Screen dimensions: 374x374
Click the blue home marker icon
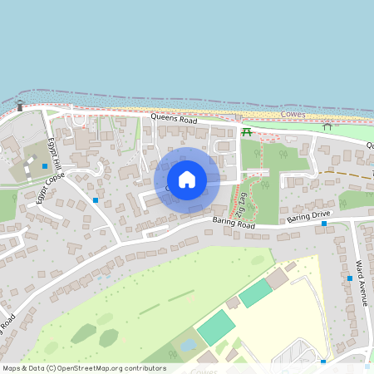(187, 179)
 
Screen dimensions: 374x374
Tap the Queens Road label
(174, 121)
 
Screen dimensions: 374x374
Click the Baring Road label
(233, 222)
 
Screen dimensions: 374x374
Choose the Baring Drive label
(308, 215)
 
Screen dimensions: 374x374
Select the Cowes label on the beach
(293, 114)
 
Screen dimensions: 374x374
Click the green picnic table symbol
(246, 131)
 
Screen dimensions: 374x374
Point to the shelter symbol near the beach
(327, 126)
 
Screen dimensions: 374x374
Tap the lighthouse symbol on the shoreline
(20, 105)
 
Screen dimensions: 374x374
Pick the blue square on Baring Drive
(324, 224)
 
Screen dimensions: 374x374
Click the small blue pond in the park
(188, 344)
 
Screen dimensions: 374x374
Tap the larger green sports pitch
(217, 327)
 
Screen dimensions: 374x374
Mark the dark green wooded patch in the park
(83, 333)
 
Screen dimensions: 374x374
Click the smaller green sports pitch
(255, 292)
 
